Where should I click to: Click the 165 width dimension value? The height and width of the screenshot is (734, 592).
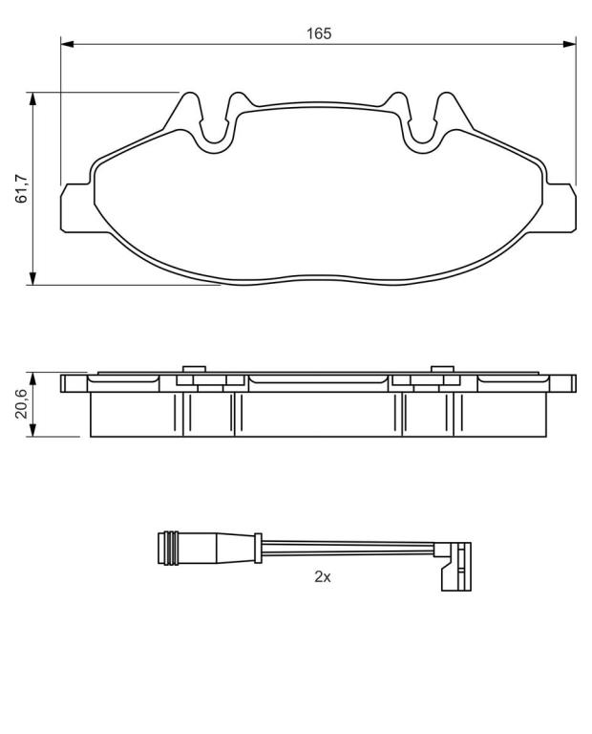[x=319, y=33]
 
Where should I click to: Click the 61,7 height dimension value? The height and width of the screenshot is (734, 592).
[x=22, y=188]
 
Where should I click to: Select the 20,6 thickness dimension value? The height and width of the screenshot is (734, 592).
[x=22, y=403]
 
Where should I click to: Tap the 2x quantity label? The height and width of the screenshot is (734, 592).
[x=322, y=576]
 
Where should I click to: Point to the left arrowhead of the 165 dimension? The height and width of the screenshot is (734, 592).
[x=67, y=44]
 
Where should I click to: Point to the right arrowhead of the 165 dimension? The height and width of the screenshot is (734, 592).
[x=569, y=44]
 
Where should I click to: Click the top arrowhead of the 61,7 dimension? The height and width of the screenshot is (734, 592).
[x=32, y=98]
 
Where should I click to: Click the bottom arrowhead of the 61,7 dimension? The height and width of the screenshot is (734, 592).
[x=32, y=277]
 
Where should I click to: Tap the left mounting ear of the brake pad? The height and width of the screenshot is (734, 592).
[x=75, y=207]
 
